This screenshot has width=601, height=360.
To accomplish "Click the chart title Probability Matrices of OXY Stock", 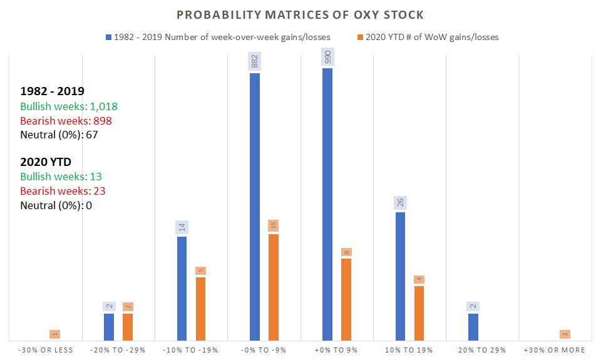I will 300,14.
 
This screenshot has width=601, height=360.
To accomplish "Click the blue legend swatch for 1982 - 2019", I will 108,37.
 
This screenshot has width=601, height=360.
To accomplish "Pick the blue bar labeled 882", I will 255,207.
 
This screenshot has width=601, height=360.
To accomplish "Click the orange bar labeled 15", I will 274,287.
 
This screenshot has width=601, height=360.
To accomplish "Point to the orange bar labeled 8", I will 346,299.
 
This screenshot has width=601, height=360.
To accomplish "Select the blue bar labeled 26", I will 400,275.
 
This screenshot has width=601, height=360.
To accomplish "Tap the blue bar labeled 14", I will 182,288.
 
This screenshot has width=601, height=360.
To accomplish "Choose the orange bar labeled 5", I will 200,308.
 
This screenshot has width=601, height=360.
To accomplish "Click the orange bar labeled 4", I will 419,312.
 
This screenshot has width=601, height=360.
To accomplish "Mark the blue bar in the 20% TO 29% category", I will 473,326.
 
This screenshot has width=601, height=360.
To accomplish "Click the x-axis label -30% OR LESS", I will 45,350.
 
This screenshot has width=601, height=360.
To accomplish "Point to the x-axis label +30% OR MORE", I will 555,350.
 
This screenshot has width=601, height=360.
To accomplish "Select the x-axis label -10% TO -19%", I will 191,350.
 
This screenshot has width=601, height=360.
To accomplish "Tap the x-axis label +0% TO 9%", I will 337,350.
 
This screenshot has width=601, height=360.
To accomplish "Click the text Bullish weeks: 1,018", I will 69,106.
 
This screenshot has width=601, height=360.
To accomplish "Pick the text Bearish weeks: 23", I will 61,191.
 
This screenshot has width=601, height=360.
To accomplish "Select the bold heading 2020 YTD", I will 46,162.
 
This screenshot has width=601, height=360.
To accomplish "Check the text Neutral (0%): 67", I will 59,135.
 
